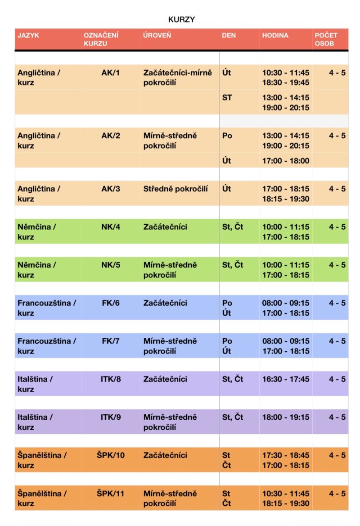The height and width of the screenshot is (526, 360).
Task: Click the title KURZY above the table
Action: point(181,19)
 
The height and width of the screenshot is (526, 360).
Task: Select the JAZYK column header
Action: point(28,35)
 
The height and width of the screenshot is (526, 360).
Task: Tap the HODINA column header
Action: point(275,35)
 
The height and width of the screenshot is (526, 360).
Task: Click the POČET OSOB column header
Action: point(326,39)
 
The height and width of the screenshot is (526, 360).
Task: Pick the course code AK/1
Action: point(111,73)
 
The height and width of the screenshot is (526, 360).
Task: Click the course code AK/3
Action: point(111,189)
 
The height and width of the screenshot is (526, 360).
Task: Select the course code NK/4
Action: point(111,227)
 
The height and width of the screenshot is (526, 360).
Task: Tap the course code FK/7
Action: point(111,341)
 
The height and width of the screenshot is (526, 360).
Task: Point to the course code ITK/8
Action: point(111,379)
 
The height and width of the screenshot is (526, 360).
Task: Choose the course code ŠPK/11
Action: point(110,494)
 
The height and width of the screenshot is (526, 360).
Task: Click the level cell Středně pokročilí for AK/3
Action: point(175,189)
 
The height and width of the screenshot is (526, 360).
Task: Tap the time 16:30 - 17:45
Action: point(286,379)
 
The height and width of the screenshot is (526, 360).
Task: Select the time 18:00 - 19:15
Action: point(286,417)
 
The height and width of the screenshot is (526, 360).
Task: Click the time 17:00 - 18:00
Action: point(286,161)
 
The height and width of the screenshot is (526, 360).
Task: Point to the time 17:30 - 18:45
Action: point(286,455)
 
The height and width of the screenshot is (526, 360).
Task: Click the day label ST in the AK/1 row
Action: point(227,98)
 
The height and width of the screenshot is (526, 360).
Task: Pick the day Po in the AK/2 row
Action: point(227,136)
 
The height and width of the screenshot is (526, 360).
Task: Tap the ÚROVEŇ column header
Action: point(157,35)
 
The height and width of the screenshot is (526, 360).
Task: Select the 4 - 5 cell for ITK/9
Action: point(337,417)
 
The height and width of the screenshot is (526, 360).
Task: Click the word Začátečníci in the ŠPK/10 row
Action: point(165,455)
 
